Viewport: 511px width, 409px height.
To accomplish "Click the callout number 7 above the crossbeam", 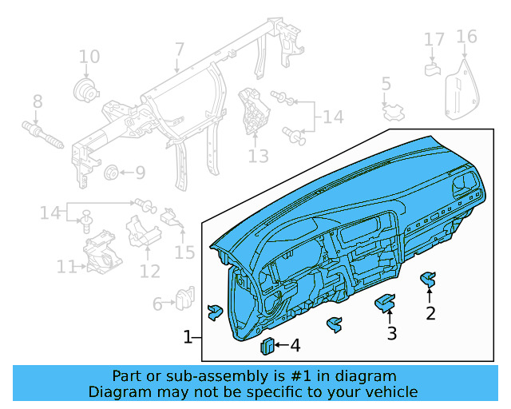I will tap(179, 50).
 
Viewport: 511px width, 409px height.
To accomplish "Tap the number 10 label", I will tap(89, 57).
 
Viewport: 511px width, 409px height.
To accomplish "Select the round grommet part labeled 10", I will tap(83, 89).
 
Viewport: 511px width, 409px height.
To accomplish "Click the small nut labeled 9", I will tap(112, 172).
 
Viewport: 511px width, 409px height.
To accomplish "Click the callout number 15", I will tap(184, 252).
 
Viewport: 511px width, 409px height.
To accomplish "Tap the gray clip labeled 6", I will tap(185, 297).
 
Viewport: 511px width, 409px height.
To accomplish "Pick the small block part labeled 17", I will tap(432, 69).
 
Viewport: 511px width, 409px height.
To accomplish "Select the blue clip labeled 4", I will tap(267, 345).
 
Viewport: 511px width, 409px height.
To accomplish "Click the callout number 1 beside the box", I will tap(188, 337).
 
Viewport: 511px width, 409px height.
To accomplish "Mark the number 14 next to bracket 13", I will tap(332, 117).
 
